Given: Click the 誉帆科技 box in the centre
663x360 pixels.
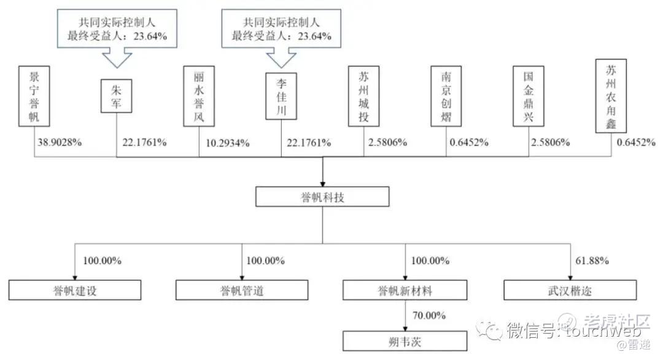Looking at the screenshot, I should point(322,197).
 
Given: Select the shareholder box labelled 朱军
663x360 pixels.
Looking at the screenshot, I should point(117,97).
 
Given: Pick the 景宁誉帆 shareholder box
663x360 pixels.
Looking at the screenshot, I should point(34,96).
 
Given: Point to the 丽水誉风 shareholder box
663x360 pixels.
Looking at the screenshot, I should point(199,96).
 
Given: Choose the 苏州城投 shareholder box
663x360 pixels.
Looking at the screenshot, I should point(363,96).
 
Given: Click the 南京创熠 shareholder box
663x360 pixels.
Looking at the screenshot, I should point(446,96).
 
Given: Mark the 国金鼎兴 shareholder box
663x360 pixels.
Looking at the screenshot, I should point(529,96).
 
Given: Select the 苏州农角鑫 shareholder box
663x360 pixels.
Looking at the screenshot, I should point(611,95).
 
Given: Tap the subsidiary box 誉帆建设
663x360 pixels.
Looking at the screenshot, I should point(75,290).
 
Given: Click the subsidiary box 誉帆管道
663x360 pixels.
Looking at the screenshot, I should point(242,290).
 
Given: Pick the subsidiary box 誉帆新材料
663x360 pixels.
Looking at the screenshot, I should point(405,290).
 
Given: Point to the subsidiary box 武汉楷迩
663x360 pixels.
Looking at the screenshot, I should point(570,290).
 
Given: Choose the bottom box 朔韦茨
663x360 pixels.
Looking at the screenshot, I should point(405,340).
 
